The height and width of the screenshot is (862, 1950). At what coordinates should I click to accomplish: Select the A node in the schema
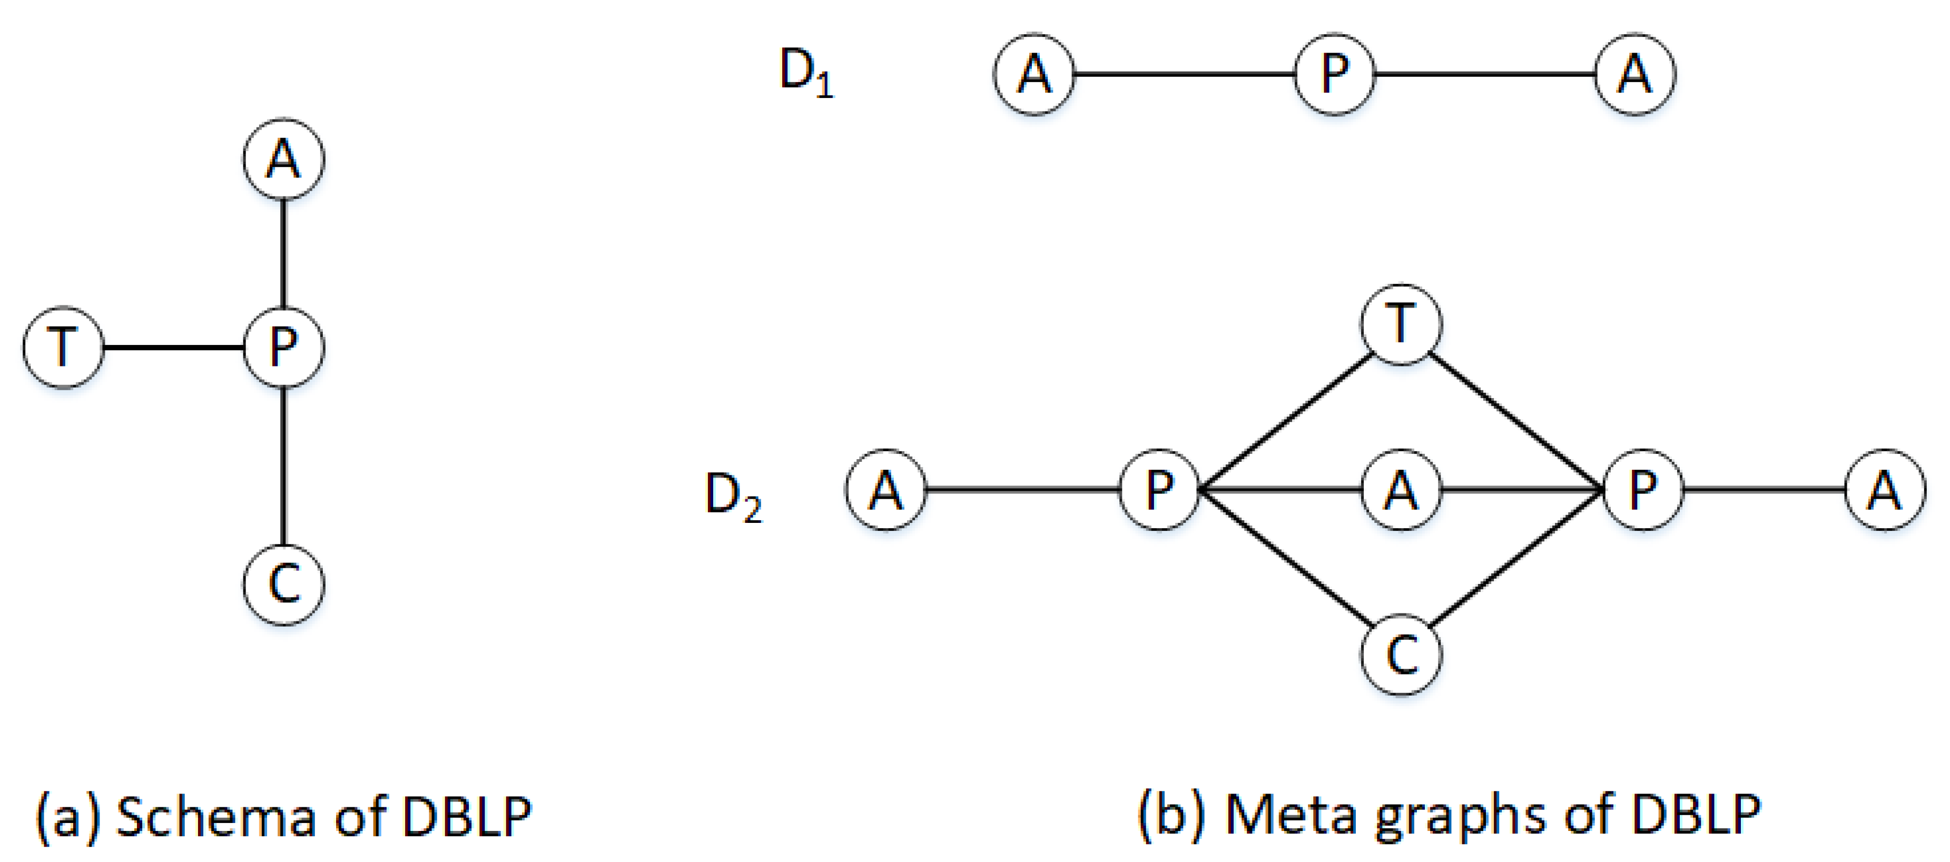tap(284, 160)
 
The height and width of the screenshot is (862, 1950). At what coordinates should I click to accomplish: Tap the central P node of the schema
tap(284, 348)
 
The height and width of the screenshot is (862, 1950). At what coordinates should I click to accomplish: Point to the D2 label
tap(733, 497)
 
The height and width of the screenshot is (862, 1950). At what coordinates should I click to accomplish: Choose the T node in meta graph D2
tap(1401, 325)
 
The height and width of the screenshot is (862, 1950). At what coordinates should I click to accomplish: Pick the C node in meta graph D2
tap(1401, 655)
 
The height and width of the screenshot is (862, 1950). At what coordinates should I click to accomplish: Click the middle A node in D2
tap(1401, 490)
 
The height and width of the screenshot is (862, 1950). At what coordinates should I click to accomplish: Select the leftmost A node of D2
tap(885, 490)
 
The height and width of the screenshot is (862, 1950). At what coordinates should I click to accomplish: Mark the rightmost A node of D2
tap(1885, 490)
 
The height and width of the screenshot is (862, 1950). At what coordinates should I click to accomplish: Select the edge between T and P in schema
tap(173, 348)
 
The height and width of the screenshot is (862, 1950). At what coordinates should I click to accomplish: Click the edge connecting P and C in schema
tap(284, 465)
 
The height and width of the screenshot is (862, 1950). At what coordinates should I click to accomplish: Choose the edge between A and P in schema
tap(284, 253)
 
